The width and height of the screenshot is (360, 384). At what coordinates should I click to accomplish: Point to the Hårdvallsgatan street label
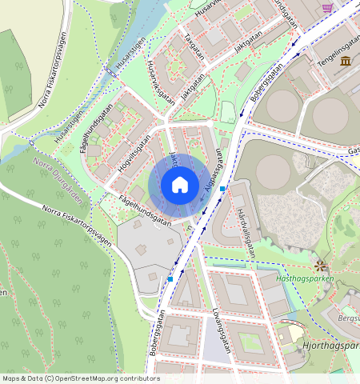[246, 231]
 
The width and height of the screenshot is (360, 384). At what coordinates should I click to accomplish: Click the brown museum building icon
[345, 62]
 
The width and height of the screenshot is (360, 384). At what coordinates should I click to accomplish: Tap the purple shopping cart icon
[327, 7]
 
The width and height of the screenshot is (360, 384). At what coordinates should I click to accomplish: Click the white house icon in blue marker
[180, 186]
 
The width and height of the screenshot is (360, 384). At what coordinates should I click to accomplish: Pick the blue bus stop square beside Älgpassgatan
[222, 189]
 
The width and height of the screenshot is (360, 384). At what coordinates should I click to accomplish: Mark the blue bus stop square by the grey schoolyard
[170, 279]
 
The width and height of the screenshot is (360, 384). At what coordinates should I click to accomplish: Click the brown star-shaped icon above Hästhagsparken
[321, 264]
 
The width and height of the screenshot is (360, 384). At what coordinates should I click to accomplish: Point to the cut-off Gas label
[353, 150]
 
